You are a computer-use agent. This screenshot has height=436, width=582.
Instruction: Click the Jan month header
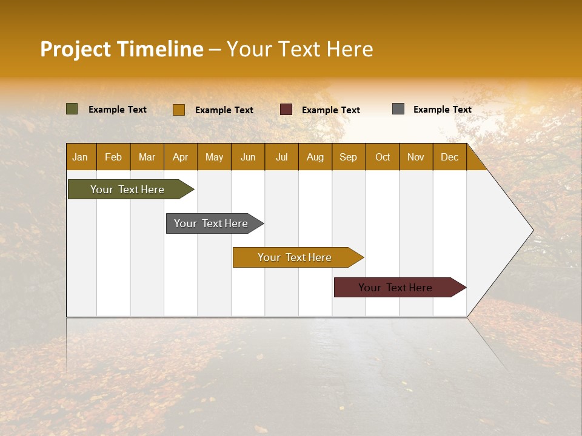pos(80,157)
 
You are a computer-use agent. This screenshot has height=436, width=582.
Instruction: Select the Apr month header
pos(180,157)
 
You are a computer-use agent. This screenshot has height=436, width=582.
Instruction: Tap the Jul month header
pos(281,157)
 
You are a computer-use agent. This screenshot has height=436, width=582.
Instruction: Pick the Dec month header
pos(449,157)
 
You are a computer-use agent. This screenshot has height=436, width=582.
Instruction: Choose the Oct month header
pos(382,157)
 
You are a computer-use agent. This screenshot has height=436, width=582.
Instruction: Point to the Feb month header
pos(113,157)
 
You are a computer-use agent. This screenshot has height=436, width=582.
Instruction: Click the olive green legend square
pos(72,109)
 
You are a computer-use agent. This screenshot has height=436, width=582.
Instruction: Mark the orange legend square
pos(178,110)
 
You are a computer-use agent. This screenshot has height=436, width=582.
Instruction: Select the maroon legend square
pos(286,109)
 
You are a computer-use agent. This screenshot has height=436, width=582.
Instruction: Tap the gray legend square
pos(398,109)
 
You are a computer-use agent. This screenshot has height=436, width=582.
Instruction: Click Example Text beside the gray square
pos(442,109)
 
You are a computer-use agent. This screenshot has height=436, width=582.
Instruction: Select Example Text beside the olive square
pos(117,109)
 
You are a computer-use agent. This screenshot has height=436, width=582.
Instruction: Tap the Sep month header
pos(348,157)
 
